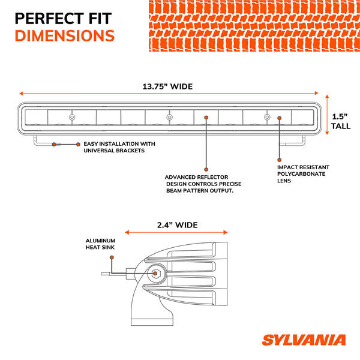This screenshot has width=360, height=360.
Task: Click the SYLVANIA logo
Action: point(303,341)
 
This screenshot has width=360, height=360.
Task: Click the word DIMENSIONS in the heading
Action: point(64,35)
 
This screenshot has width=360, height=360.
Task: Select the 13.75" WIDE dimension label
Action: point(167,86)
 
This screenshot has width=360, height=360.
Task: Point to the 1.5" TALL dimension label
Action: point(341,121)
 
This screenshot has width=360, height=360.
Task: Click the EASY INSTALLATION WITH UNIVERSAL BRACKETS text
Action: point(119,147)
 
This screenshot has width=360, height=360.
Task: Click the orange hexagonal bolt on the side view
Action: point(155,274)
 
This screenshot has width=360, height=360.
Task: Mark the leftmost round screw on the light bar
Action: point(72,117)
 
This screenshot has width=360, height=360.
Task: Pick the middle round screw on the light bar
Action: point(169,117)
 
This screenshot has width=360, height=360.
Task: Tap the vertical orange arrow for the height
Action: point(327,118)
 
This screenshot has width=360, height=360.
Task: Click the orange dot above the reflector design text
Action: point(206,169)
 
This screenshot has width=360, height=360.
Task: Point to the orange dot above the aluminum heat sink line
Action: point(112,257)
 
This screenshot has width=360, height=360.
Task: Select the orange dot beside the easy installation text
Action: point(78,145)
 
